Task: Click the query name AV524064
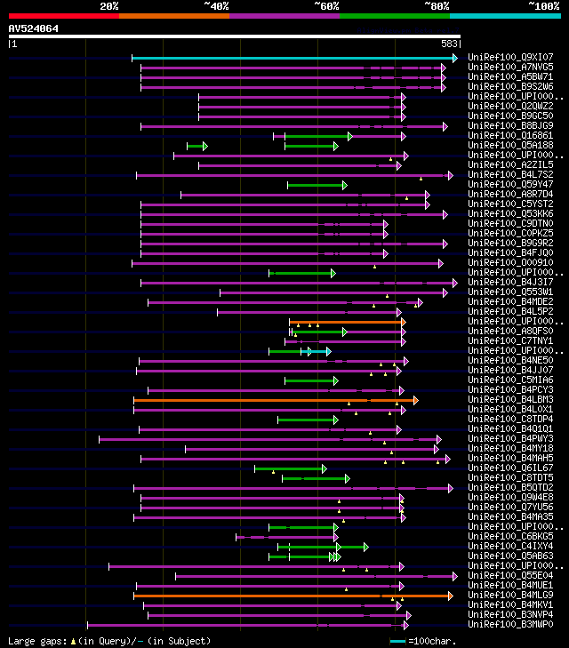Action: tap(34, 28)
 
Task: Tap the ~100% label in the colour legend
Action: tap(543, 5)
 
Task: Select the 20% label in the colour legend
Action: tap(109, 5)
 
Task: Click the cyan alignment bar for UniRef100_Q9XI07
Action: tap(293, 58)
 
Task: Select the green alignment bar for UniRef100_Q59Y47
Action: tap(317, 185)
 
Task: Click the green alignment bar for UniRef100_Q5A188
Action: tap(196, 146)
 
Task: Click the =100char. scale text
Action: tap(431, 641)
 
